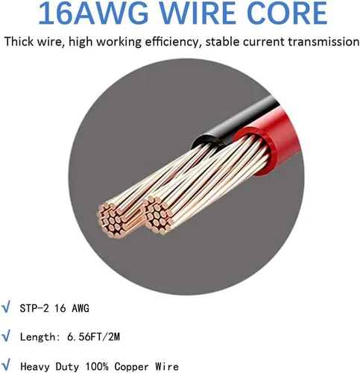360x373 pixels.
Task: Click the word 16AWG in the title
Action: (93, 13)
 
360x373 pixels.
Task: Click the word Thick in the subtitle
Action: (19, 42)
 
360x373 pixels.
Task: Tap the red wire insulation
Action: (270, 142)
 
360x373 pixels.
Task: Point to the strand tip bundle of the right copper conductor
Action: (158, 214)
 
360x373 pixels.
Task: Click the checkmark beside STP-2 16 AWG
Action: (6, 307)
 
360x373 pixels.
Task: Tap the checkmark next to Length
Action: (6, 336)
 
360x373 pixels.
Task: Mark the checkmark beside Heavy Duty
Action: (6, 366)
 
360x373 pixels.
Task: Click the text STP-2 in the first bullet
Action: (34, 308)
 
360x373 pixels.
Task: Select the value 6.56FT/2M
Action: (94, 337)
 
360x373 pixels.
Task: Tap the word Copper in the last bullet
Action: (132, 367)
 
